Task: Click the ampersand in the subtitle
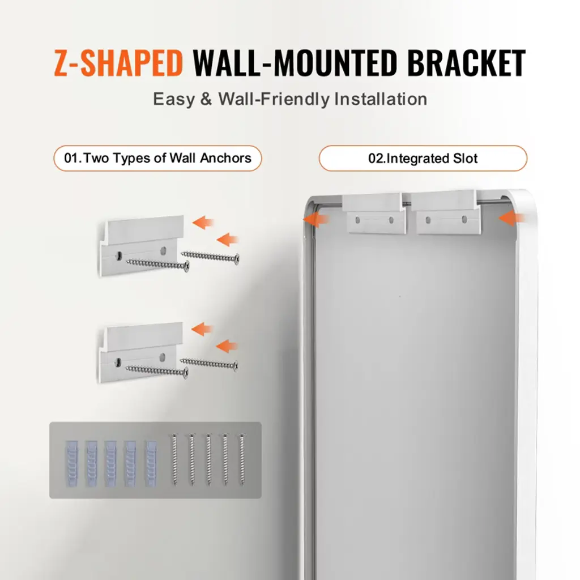[x=206, y=99]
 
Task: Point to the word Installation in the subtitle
[x=381, y=99]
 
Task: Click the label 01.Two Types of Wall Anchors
[x=157, y=159]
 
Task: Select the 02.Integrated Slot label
[x=423, y=159]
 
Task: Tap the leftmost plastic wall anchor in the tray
[x=72, y=463]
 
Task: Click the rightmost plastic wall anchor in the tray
[x=151, y=463]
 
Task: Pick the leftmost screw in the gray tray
[x=174, y=459]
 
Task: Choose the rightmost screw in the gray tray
[x=242, y=459]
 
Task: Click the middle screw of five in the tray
[x=208, y=459]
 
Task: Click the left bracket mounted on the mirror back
[x=374, y=214]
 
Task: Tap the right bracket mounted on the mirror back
[x=445, y=212]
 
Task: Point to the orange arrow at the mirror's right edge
[x=512, y=218]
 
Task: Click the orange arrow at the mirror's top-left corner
[x=315, y=219]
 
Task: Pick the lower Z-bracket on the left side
[x=140, y=352]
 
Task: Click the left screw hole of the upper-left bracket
[x=119, y=255]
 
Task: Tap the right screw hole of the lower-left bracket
[x=162, y=357]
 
